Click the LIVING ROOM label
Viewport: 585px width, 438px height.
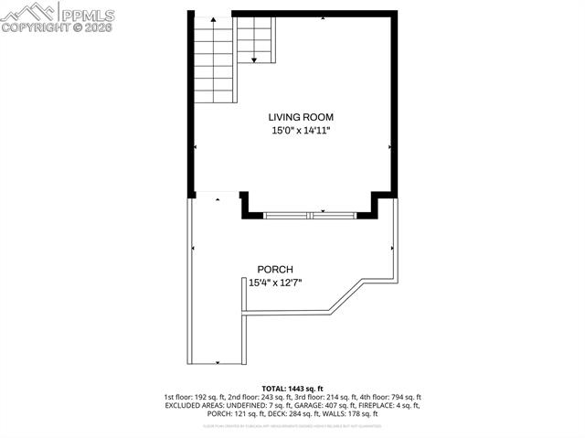(x=301, y=117)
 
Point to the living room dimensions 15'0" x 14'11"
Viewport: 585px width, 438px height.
(x=301, y=131)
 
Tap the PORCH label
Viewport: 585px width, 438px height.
(x=275, y=269)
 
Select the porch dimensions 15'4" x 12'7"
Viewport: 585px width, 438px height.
(x=275, y=283)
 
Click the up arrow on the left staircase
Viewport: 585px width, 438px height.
(x=212, y=21)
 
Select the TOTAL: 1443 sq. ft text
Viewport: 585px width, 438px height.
(x=292, y=389)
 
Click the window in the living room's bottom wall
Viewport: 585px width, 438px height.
(x=311, y=215)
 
